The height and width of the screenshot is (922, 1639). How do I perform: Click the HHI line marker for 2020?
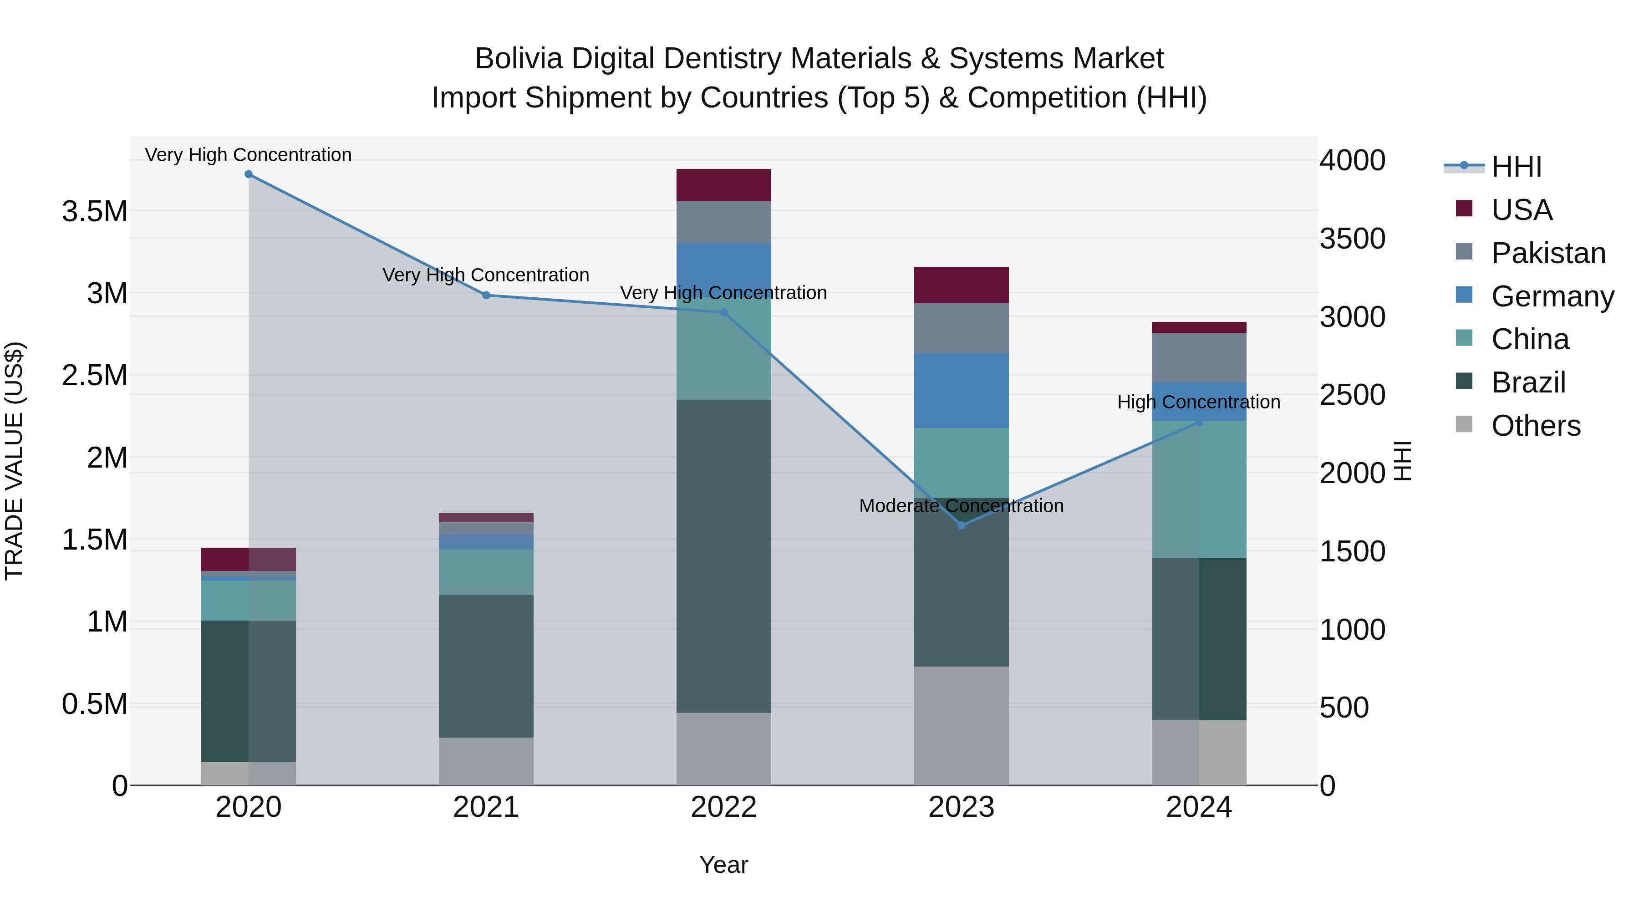click(249, 174)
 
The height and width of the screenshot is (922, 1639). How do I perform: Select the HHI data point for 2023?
click(962, 525)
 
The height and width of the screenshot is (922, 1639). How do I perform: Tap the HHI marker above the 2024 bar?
click(1199, 422)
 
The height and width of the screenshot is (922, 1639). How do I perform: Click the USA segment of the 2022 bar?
click(723, 185)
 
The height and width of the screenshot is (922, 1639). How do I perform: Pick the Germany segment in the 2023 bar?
click(962, 391)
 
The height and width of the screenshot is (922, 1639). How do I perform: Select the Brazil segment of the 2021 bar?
click(486, 666)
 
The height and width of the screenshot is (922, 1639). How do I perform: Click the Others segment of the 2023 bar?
click(962, 725)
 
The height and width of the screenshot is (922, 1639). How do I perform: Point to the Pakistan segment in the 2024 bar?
click(1199, 357)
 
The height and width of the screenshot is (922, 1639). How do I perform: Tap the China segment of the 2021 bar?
click(486, 572)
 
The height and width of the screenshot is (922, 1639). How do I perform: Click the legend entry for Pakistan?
click(1548, 253)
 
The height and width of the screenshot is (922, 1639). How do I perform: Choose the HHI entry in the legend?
click(1516, 167)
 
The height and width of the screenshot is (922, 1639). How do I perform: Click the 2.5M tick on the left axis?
click(95, 376)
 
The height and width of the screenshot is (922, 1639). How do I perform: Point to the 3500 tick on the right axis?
click(1352, 239)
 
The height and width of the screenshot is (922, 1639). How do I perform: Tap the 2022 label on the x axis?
click(723, 807)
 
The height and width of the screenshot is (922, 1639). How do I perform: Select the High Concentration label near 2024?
click(1199, 402)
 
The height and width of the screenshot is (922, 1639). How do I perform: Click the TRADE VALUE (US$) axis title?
click(14, 461)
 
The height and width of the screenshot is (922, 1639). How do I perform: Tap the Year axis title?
click(723, 865)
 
